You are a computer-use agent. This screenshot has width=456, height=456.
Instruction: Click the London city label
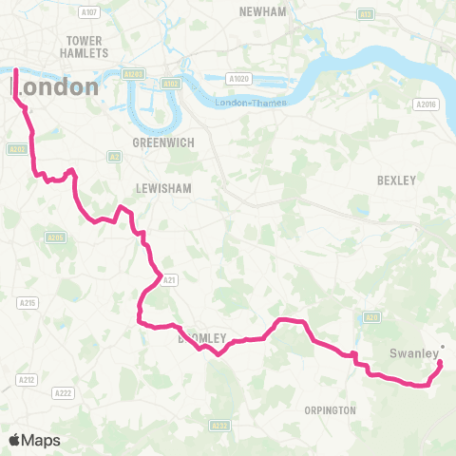pyautogui.click(x=54, y=86)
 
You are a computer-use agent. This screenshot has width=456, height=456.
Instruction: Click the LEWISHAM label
pyautogui.click(x=164, y=189)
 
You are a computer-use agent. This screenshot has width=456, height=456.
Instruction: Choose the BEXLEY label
pyautogui.click(x=396, y=180)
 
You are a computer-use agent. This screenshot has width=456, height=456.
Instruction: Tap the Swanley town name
pyautogui.click(x=414, y=356)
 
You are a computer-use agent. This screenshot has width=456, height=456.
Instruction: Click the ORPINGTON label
pyautogui.click(x=330, y=410)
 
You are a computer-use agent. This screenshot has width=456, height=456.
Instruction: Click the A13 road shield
pyautogui.click(x=364, y=14)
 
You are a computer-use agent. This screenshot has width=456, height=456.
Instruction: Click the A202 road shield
pyautogui.click(x=16, y=148)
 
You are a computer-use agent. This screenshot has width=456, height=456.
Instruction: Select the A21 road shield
pyautogui.click(x=170, y=279)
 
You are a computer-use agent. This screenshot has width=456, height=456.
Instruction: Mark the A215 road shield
pyautogui.click(x=28, y=302)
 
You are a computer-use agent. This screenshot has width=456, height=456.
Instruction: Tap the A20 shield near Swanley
pyautogui.click(x=372, y=317)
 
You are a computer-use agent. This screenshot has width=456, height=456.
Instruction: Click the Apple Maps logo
pyautogui.click(x=34, y=440)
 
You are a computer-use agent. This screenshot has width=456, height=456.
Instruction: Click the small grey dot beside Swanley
pyautogui.click(x=443, y=346)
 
